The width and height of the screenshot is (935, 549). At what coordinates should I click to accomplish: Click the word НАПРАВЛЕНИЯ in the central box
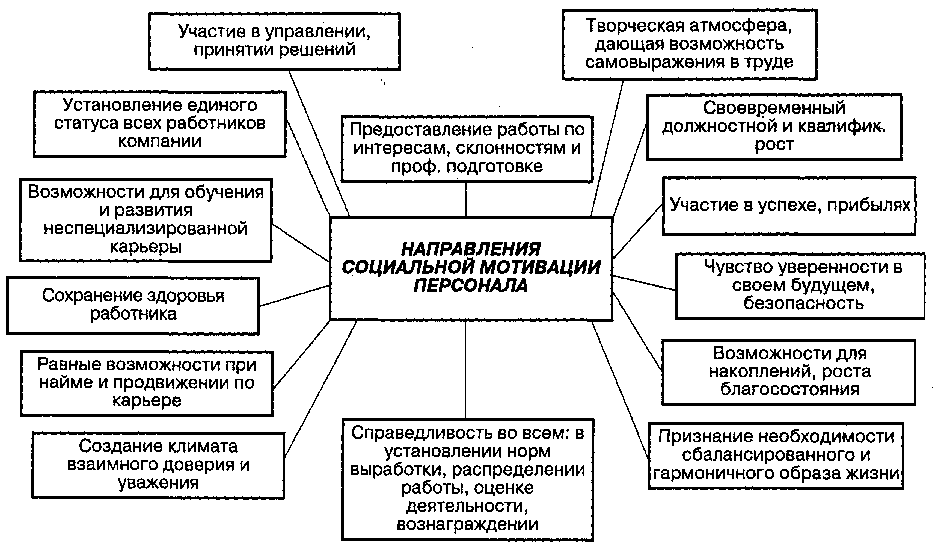pos(470,249)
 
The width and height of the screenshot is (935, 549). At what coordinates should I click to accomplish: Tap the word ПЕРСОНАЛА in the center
pos(470,285)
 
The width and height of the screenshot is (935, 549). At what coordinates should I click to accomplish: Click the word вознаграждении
pos(467,524)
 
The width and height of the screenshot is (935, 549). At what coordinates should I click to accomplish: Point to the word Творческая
pos(635,26)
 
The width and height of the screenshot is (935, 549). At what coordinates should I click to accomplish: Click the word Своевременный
pos(774,108)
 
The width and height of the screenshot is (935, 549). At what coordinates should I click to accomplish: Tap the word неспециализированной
pos(146,228)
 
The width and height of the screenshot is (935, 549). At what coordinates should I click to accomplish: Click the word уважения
pos(158,483)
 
